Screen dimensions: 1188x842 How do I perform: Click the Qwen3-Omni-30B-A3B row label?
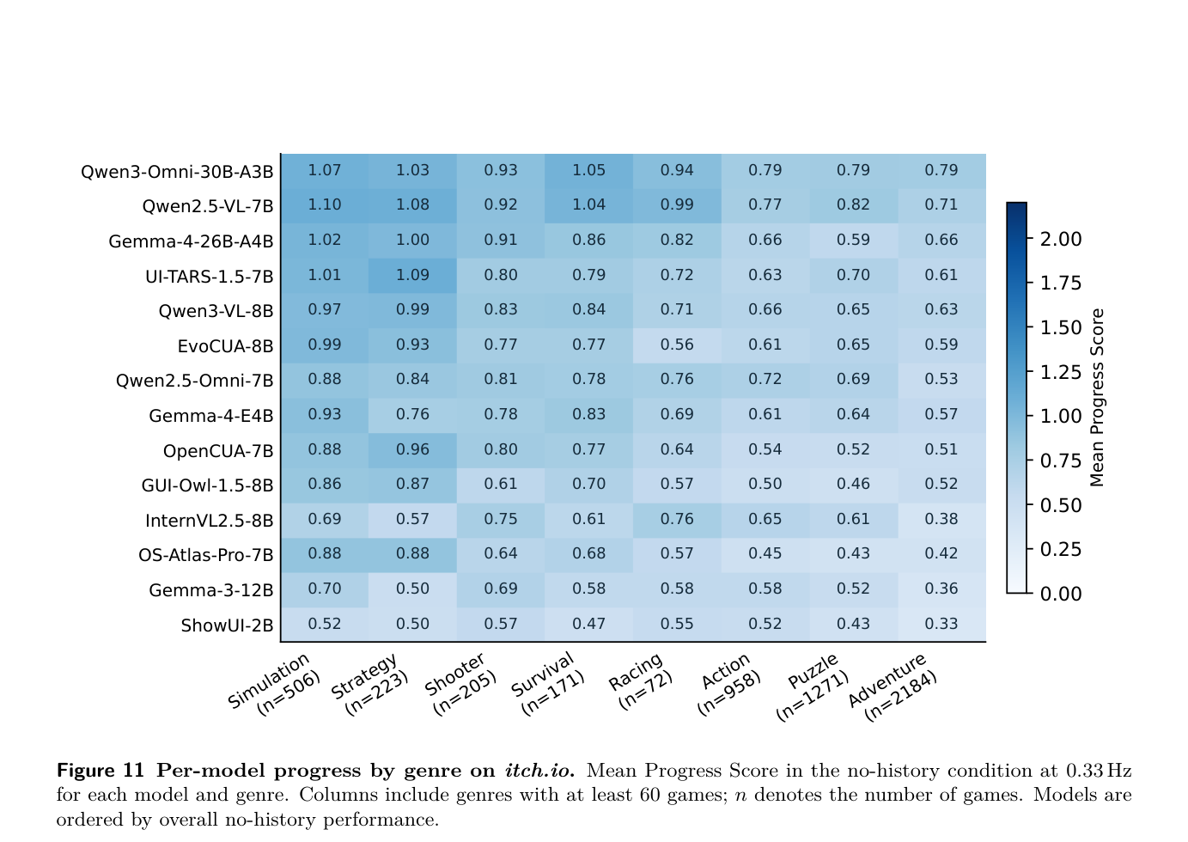177,172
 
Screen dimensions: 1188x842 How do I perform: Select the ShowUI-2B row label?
227,625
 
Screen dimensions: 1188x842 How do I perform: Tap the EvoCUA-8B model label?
225,346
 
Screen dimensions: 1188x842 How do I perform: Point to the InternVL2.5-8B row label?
209,521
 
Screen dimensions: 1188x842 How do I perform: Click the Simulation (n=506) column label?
275,685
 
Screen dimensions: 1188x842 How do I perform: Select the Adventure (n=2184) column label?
893,687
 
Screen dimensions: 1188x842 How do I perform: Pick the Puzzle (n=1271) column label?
813,686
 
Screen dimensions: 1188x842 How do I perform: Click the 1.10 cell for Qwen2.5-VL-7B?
325,204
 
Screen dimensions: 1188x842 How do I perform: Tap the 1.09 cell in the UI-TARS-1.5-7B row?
412,275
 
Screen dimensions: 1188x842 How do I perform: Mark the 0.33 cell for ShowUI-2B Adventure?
941,624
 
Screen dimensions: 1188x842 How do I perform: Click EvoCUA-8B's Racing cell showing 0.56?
677,345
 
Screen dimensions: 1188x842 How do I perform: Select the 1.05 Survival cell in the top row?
588,170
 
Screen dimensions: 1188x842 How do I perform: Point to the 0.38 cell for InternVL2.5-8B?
941,519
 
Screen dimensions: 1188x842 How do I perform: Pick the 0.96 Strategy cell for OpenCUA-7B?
412,450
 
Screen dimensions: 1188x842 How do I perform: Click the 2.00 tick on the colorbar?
1061,240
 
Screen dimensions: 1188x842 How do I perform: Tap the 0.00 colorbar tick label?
1061,594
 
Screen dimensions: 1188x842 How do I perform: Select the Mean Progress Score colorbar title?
1097,398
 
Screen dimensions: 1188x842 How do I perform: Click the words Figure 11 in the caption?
101,771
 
